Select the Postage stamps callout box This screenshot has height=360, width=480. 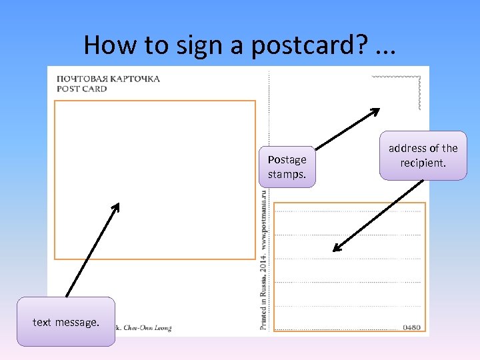click(x=287, y=167)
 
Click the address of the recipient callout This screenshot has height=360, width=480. click(x=423, y=155)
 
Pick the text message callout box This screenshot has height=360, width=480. click(x=66, y=322)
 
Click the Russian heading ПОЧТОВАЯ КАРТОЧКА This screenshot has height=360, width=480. click(x=108, y=78)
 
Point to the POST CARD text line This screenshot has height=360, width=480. click(x=81, y=89)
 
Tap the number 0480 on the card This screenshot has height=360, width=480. click(x=412, y=327)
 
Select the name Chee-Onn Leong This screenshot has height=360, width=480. click(x=147, y=328)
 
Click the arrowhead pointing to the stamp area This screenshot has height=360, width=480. click(x=375, y=111)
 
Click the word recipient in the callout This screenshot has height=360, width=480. click(x=423, y=162)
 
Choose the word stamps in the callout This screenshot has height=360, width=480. click(x=287, y=174)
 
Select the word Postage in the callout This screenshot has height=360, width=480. click(x=287, y=159)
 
